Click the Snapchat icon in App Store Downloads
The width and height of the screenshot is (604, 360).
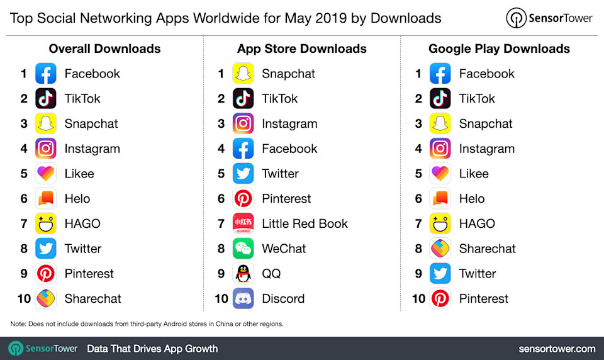pyautogui.click(x=243, y=74)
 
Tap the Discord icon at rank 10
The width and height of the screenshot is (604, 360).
pyautogui.click(x=243, y=298)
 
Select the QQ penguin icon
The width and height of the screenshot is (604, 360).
pyautogui.click(x=243, y=274)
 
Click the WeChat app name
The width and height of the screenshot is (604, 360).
pyautogui.click(x=284, y=249)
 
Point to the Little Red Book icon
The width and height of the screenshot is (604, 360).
pyautogui.click(x=243, y=223)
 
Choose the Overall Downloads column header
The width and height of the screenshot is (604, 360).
pyautogui.click(x=104, y=48)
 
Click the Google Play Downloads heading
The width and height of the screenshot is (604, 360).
pyautogui.click(x=499, y=48)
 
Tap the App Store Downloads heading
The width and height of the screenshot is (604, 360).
pyautogui.click(x=302, y=48)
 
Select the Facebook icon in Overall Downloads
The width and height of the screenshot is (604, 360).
pyautogui.click(x=46, y=74)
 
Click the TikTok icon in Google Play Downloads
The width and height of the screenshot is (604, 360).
pyautogui.click(x=440, y=99)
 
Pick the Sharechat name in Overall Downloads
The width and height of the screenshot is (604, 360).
pyautogui.click(x=92, y=298)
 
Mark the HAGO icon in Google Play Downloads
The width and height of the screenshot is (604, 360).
pyautogui.click(x=440, y=223)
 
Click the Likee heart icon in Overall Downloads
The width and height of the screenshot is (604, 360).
pyautogui.click(x=46, y=174)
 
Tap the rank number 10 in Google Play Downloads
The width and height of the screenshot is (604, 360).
pyautogui.click(x=418, y=298)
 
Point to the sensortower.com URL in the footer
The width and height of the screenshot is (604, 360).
pyautogui.click(x=557, y=349)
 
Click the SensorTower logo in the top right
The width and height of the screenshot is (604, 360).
pyautogui.click(x=550, y=18)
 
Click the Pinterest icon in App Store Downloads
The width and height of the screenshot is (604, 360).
pyautogui.click(x=243, y=199)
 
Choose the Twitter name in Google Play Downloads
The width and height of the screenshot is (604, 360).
pyautogui.click(x=477, y=274)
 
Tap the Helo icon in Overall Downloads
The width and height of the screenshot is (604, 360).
pyautogui.click(x=46, y=199)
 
